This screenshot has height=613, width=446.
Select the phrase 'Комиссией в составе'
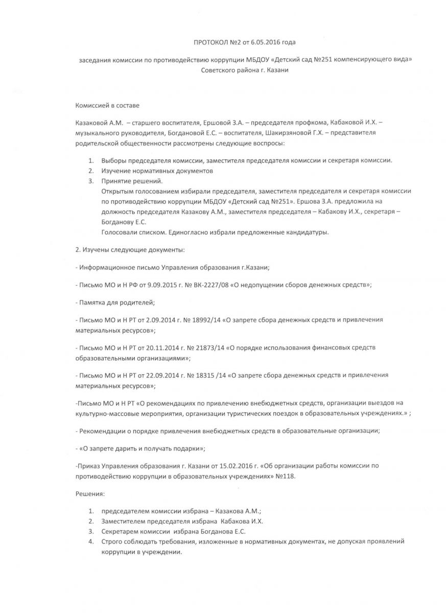107,105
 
